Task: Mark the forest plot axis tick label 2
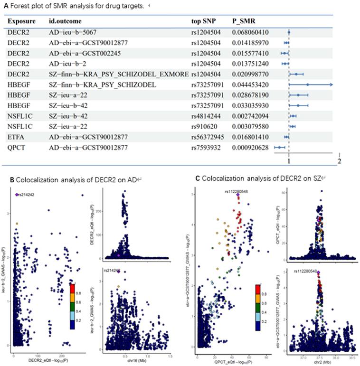point(339,161)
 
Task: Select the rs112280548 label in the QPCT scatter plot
point(238,191)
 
